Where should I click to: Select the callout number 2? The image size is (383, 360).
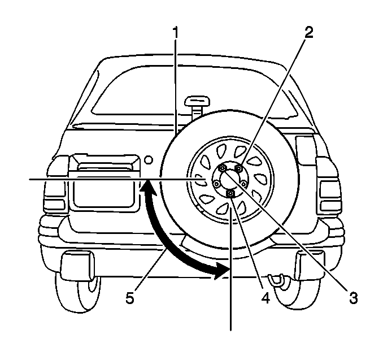pos(308,32)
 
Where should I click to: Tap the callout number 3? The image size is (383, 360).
pos(354,297)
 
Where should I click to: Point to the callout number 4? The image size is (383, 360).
pos(264,297)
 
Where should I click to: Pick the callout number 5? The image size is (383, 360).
pos(129,297)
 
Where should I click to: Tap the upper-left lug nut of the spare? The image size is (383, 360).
pos(223,168)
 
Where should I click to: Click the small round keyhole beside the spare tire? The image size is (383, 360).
pos(148,161)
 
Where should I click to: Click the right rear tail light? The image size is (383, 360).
pos(329,186)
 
